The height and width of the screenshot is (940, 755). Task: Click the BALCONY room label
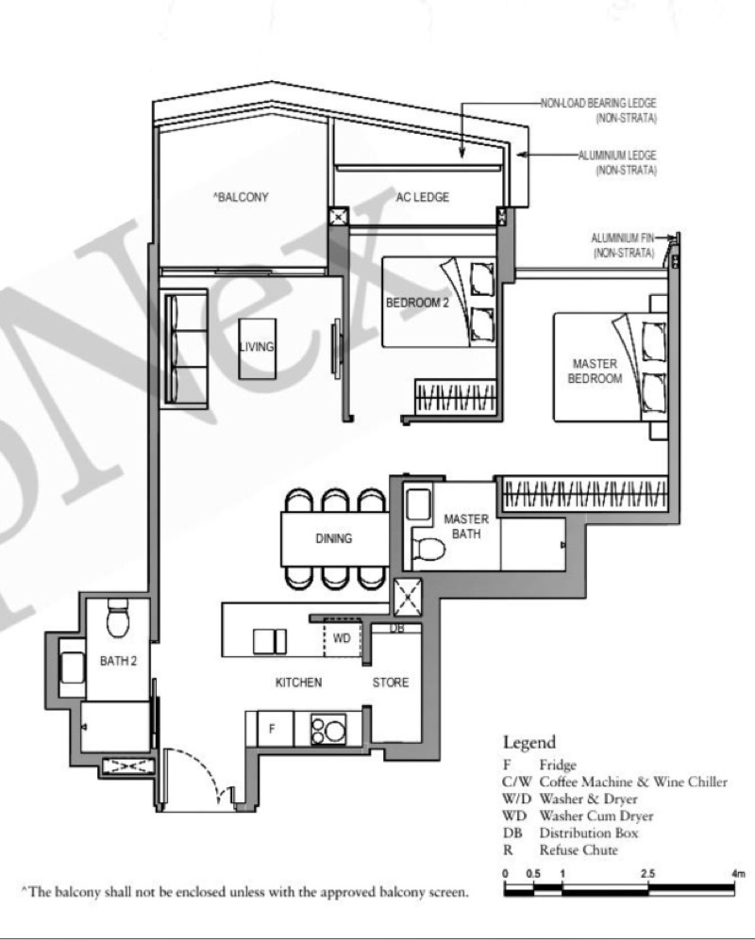point(241,197)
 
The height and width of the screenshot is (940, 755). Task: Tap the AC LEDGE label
point(423,197)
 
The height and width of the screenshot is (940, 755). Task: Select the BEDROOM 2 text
point(417,303)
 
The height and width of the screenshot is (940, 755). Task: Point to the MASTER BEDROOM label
point(595,371)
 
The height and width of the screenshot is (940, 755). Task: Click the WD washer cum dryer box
point(342,639)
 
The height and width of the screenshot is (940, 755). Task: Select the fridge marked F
point(272,729)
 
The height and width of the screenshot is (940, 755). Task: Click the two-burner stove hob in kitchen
point(328,729)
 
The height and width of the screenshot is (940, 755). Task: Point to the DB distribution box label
point(396,628)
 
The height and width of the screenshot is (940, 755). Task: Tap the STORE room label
point(391,683)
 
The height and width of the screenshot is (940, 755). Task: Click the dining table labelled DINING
point(334,538)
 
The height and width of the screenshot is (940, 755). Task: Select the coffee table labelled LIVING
point(257,348)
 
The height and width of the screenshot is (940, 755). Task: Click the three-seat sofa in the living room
point(184,349)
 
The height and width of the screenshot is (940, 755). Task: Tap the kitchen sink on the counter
point(270,641)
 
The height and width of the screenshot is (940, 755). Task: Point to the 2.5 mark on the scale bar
point(647,873)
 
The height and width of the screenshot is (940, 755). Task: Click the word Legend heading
point(529,742)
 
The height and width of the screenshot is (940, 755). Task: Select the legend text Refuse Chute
point(579,849)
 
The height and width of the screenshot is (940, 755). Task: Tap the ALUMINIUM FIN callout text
point(623,245)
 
